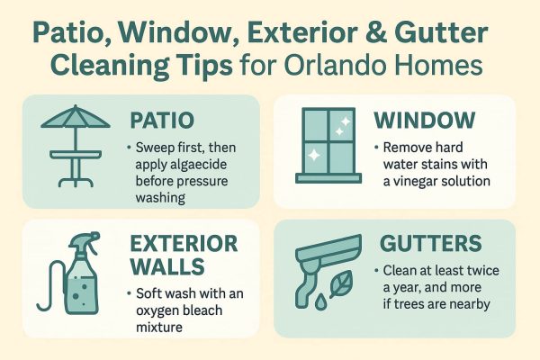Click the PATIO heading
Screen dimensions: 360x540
[160, 120]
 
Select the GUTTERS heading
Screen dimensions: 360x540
[430, 245]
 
